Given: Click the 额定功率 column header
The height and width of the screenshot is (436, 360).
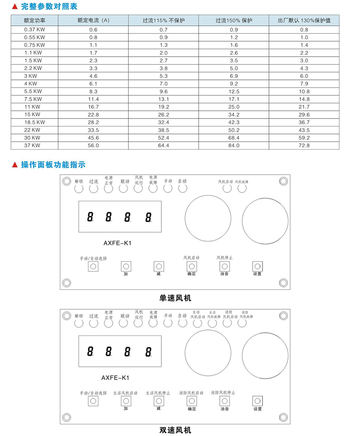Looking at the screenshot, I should [x=35, y=21].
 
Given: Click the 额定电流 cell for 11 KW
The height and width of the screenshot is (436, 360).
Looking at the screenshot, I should [x=93, y=107].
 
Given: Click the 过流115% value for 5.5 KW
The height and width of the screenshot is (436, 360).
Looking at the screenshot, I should [x=164, y=91].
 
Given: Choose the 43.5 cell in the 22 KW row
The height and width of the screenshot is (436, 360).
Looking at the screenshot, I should [x=304, y=130].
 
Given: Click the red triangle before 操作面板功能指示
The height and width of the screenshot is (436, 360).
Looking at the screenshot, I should [x=15, y=165].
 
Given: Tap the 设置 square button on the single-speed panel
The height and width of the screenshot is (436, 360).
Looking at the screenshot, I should [x=257, y=266].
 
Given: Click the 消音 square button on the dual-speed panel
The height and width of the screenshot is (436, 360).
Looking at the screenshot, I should [x=225, y=401].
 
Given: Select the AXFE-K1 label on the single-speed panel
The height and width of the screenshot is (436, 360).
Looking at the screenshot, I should [x=117, y=243].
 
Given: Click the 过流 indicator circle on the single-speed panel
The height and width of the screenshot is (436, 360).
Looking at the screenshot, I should [x=94, y=189].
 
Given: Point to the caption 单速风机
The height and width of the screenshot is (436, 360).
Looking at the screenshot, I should [x=175, y=298].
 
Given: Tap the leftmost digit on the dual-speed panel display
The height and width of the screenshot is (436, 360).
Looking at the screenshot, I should [x=90, y=351].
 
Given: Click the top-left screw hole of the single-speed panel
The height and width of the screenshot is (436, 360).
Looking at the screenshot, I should [x=66, y=181].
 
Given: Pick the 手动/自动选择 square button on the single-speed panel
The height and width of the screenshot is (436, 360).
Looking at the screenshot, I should [x=93, y=266].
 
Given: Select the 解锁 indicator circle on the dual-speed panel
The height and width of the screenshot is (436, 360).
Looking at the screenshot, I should [x=79, y=323].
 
